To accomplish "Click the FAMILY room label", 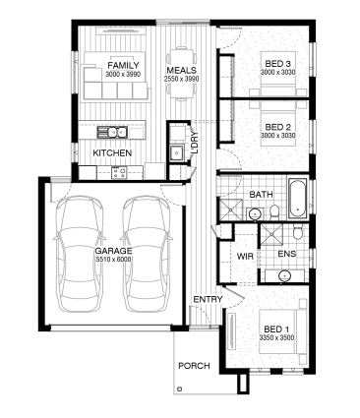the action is point(123,66).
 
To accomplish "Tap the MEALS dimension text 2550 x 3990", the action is point(182,79).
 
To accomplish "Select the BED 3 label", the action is point(278,64).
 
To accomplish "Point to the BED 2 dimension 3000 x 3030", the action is point(278,136).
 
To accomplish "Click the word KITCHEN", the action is point(112,152).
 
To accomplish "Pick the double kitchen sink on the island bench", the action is point(112,133).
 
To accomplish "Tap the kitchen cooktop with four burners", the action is point(119,172).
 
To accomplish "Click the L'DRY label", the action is point(194,143).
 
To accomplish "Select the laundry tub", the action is point(177,152).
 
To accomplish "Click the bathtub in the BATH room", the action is point(298,199).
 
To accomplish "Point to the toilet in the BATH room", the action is point(273,212).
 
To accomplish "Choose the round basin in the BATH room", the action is point(255,214).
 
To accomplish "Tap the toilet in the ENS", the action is point(298,232).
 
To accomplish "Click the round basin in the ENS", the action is point(284,275).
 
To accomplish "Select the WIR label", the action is point(245,256).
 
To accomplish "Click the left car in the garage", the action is point(79,254).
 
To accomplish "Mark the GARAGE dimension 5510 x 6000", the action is point(113,260).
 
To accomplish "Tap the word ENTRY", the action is point(208,299).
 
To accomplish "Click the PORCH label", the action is point(194,366).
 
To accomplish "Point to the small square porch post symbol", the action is point(179,389).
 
